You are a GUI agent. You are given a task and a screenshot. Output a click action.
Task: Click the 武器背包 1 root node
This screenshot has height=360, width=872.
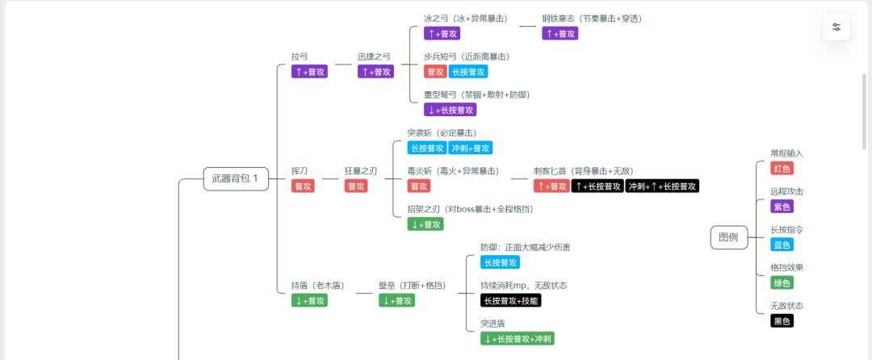coord(237,179)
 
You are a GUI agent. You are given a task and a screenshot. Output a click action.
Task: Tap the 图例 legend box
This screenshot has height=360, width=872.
coord(728,238)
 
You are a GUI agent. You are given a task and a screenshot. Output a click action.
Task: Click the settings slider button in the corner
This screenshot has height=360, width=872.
coord(836,27)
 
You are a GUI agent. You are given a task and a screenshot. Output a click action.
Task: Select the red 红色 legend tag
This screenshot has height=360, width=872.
coord(782,169)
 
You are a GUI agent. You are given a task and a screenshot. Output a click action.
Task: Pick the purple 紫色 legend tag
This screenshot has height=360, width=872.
coord(782,207)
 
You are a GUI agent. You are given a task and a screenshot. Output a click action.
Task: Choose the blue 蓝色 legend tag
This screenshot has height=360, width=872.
coord(782,245)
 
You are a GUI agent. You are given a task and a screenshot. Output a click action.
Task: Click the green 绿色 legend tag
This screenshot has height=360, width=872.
coord(782,283)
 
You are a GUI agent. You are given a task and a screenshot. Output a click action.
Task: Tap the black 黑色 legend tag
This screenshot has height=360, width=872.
coord(782,321)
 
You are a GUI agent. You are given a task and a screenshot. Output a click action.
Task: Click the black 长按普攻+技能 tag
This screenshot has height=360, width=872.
coord(510,300)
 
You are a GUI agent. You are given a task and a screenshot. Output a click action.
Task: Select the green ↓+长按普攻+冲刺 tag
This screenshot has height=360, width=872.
coord(518,339)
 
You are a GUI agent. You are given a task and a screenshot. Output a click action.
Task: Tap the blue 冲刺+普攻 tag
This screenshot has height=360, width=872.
coord(471,149)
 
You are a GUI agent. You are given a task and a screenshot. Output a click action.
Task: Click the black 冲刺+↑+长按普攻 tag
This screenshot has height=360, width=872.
coord(662,186)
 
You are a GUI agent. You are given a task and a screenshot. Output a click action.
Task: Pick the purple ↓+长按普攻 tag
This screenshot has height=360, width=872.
coord(450,110)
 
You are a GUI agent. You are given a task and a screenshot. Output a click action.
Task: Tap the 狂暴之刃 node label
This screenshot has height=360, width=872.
coord(360,171)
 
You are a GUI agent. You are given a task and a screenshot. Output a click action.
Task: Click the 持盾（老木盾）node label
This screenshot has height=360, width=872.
coord(318,286)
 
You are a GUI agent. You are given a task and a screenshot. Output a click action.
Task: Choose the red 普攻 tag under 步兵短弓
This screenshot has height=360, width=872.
coord(435,72)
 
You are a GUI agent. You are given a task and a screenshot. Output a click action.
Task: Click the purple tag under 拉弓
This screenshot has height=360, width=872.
coord(310,72)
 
